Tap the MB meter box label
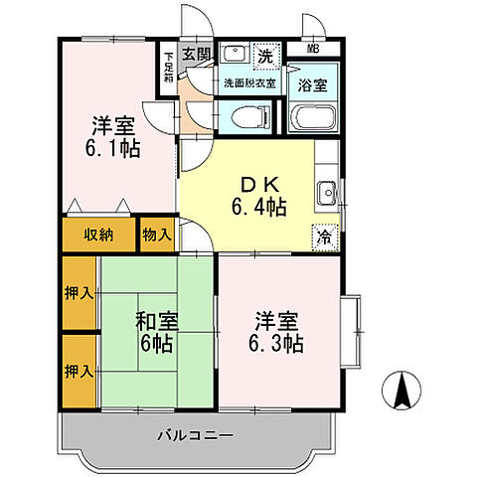tap(313, 48)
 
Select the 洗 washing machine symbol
tap(266, 56)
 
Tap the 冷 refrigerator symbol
tap(324, 238)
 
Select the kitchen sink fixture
tap(326, 192)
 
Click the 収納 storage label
tap(97, 235)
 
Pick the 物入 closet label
tap(157, 235)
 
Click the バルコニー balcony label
tap(194, 435)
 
